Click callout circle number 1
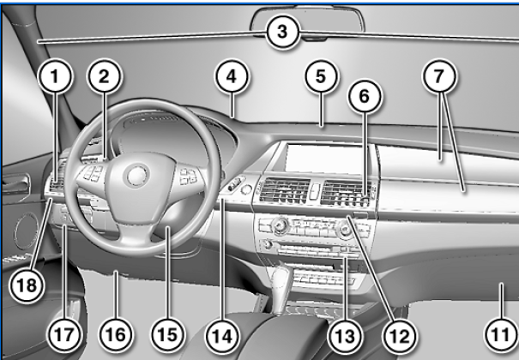(55, 76)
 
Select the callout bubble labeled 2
(105, 76)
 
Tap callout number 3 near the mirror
(282, 32)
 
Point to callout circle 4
(232, 76)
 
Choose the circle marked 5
(321, 76)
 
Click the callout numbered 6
(365, 96)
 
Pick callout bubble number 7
(439, 76)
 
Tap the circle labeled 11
(501, 334)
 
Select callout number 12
(400, 336)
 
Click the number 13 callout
(345, 336)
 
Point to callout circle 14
(222, 336)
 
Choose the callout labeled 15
(168, 334)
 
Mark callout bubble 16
(116, 334)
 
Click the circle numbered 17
(64, 334)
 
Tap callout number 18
(27, 285)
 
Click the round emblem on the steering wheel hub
(136, 175)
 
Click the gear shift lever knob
(282, 275)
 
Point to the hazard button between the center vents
(315, 191)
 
